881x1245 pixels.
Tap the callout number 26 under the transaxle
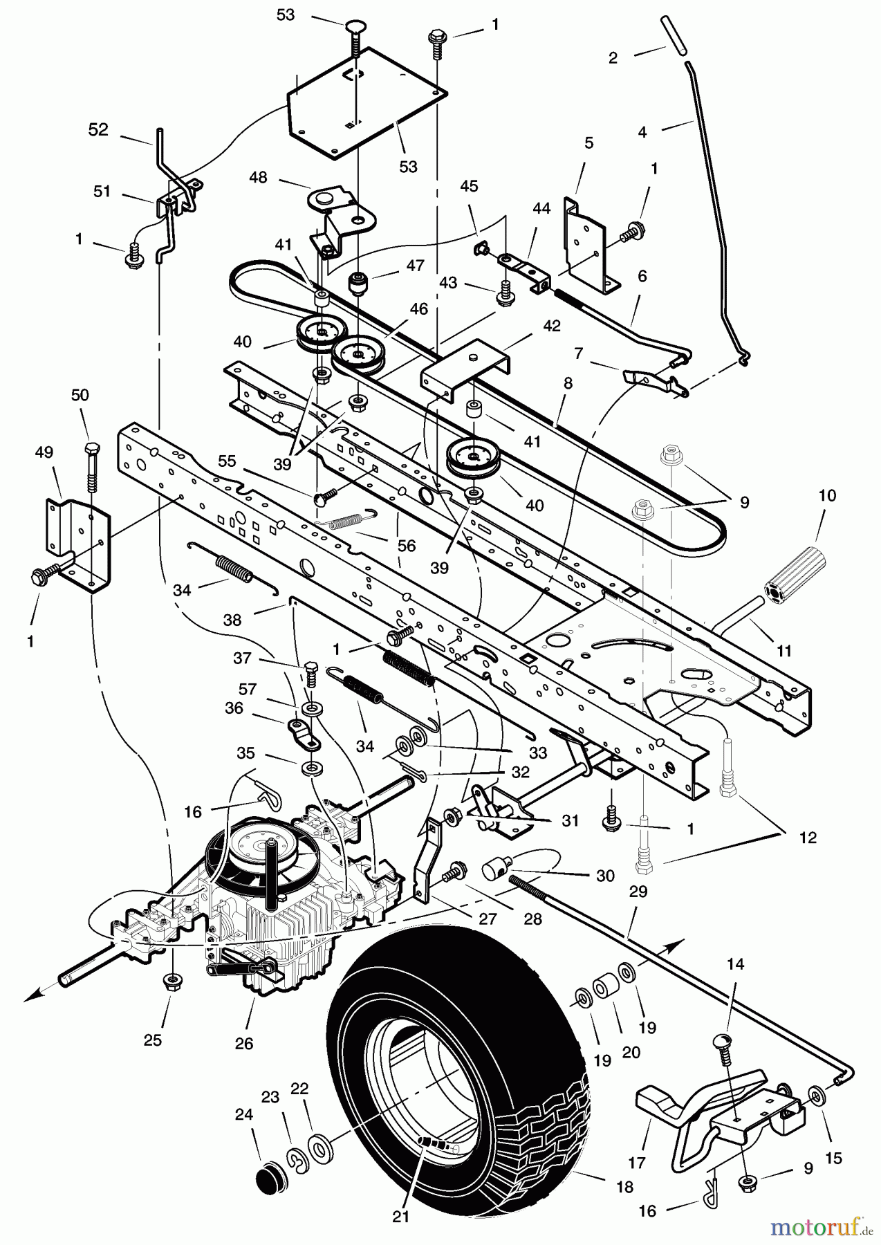click(x=244, y=1044)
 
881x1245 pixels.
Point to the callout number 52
click(x=98, y=129)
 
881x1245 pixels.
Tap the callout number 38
click(x=232, y=620)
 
